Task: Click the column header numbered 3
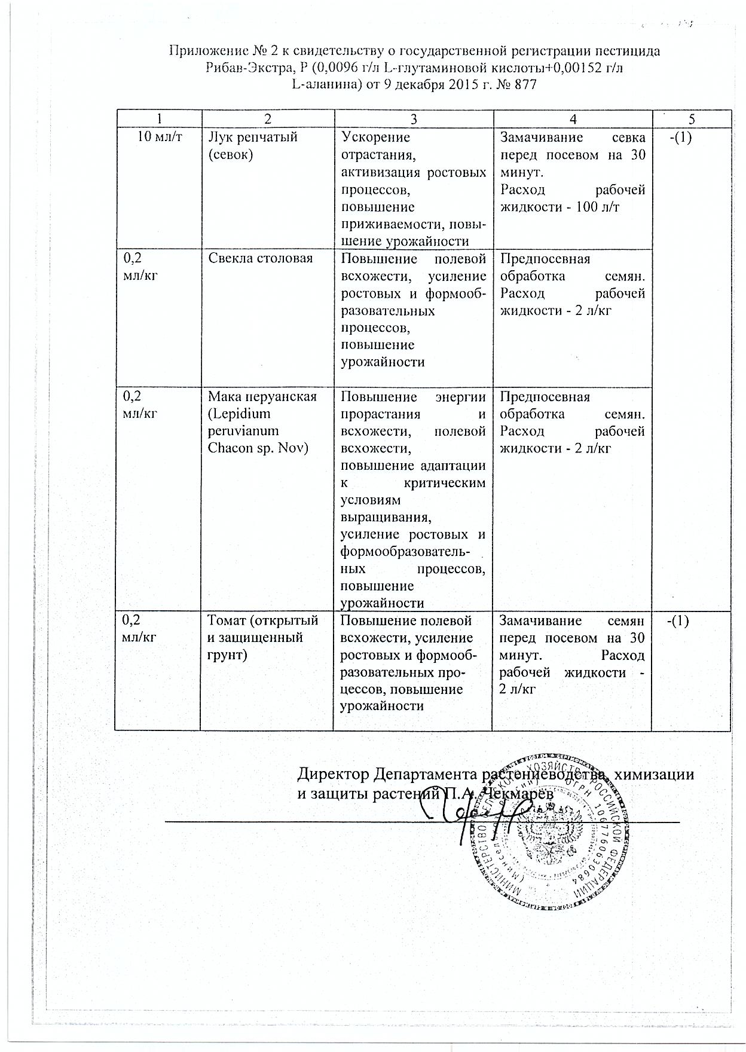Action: coord(412,118)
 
